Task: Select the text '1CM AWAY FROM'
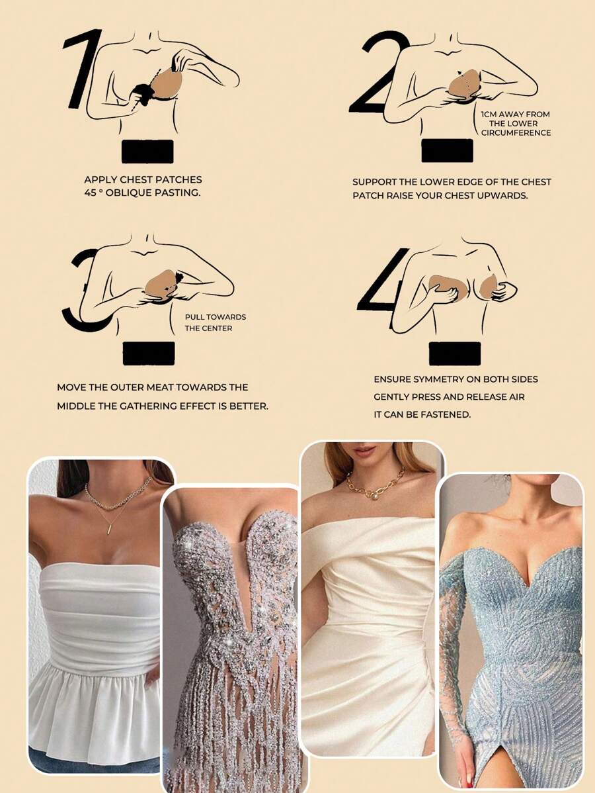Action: coord(515,115)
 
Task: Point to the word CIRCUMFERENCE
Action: coord(516,132)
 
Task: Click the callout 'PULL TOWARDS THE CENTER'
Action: coord(215,322)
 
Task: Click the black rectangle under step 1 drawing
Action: coord(147,152)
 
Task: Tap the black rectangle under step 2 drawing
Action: coord(447,151)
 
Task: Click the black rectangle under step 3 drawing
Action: coord(149,353)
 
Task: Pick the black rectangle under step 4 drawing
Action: coord(455,353)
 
